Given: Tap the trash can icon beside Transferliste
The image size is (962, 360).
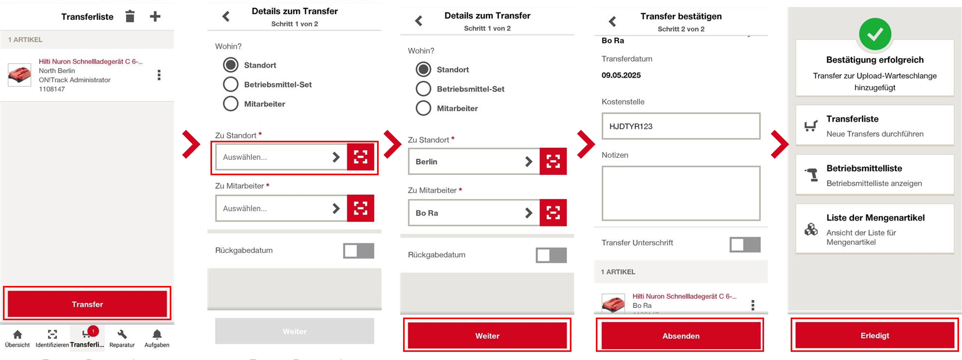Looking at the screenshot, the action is coord(130,16).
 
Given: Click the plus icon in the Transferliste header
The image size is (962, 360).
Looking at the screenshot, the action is coord(155,16).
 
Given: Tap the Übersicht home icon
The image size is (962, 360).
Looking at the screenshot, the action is coord(17,334).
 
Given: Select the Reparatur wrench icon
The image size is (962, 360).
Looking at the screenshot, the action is coord(122,334).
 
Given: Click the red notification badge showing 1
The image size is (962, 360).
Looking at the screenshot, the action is coord(93,331).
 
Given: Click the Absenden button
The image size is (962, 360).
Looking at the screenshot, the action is coord(681,336).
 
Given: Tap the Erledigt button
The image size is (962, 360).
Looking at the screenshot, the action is coord(875,335).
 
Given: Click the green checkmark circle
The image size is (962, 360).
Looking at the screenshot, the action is coord(875,34).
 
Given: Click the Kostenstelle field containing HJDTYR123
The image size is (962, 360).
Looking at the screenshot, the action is coord(681,126).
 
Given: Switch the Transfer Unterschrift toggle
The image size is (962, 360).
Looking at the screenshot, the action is coord(745,245).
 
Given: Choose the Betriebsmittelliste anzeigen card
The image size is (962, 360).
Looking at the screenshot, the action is coord(875,175).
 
